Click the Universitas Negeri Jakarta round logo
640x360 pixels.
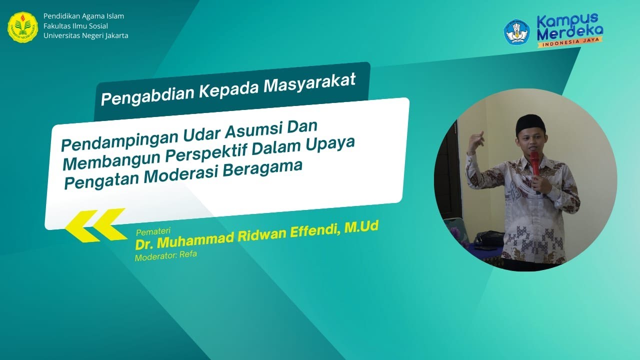click(x=23, y=27)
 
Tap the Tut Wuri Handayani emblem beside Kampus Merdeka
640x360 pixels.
click(x=516, y=32)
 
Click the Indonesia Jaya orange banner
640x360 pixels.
click(x=570, y=43)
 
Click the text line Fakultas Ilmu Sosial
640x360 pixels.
click(x=75, y=26)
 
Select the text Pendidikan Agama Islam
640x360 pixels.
click(x=83, y=16)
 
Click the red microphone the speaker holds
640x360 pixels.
click(x=535, y=163)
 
